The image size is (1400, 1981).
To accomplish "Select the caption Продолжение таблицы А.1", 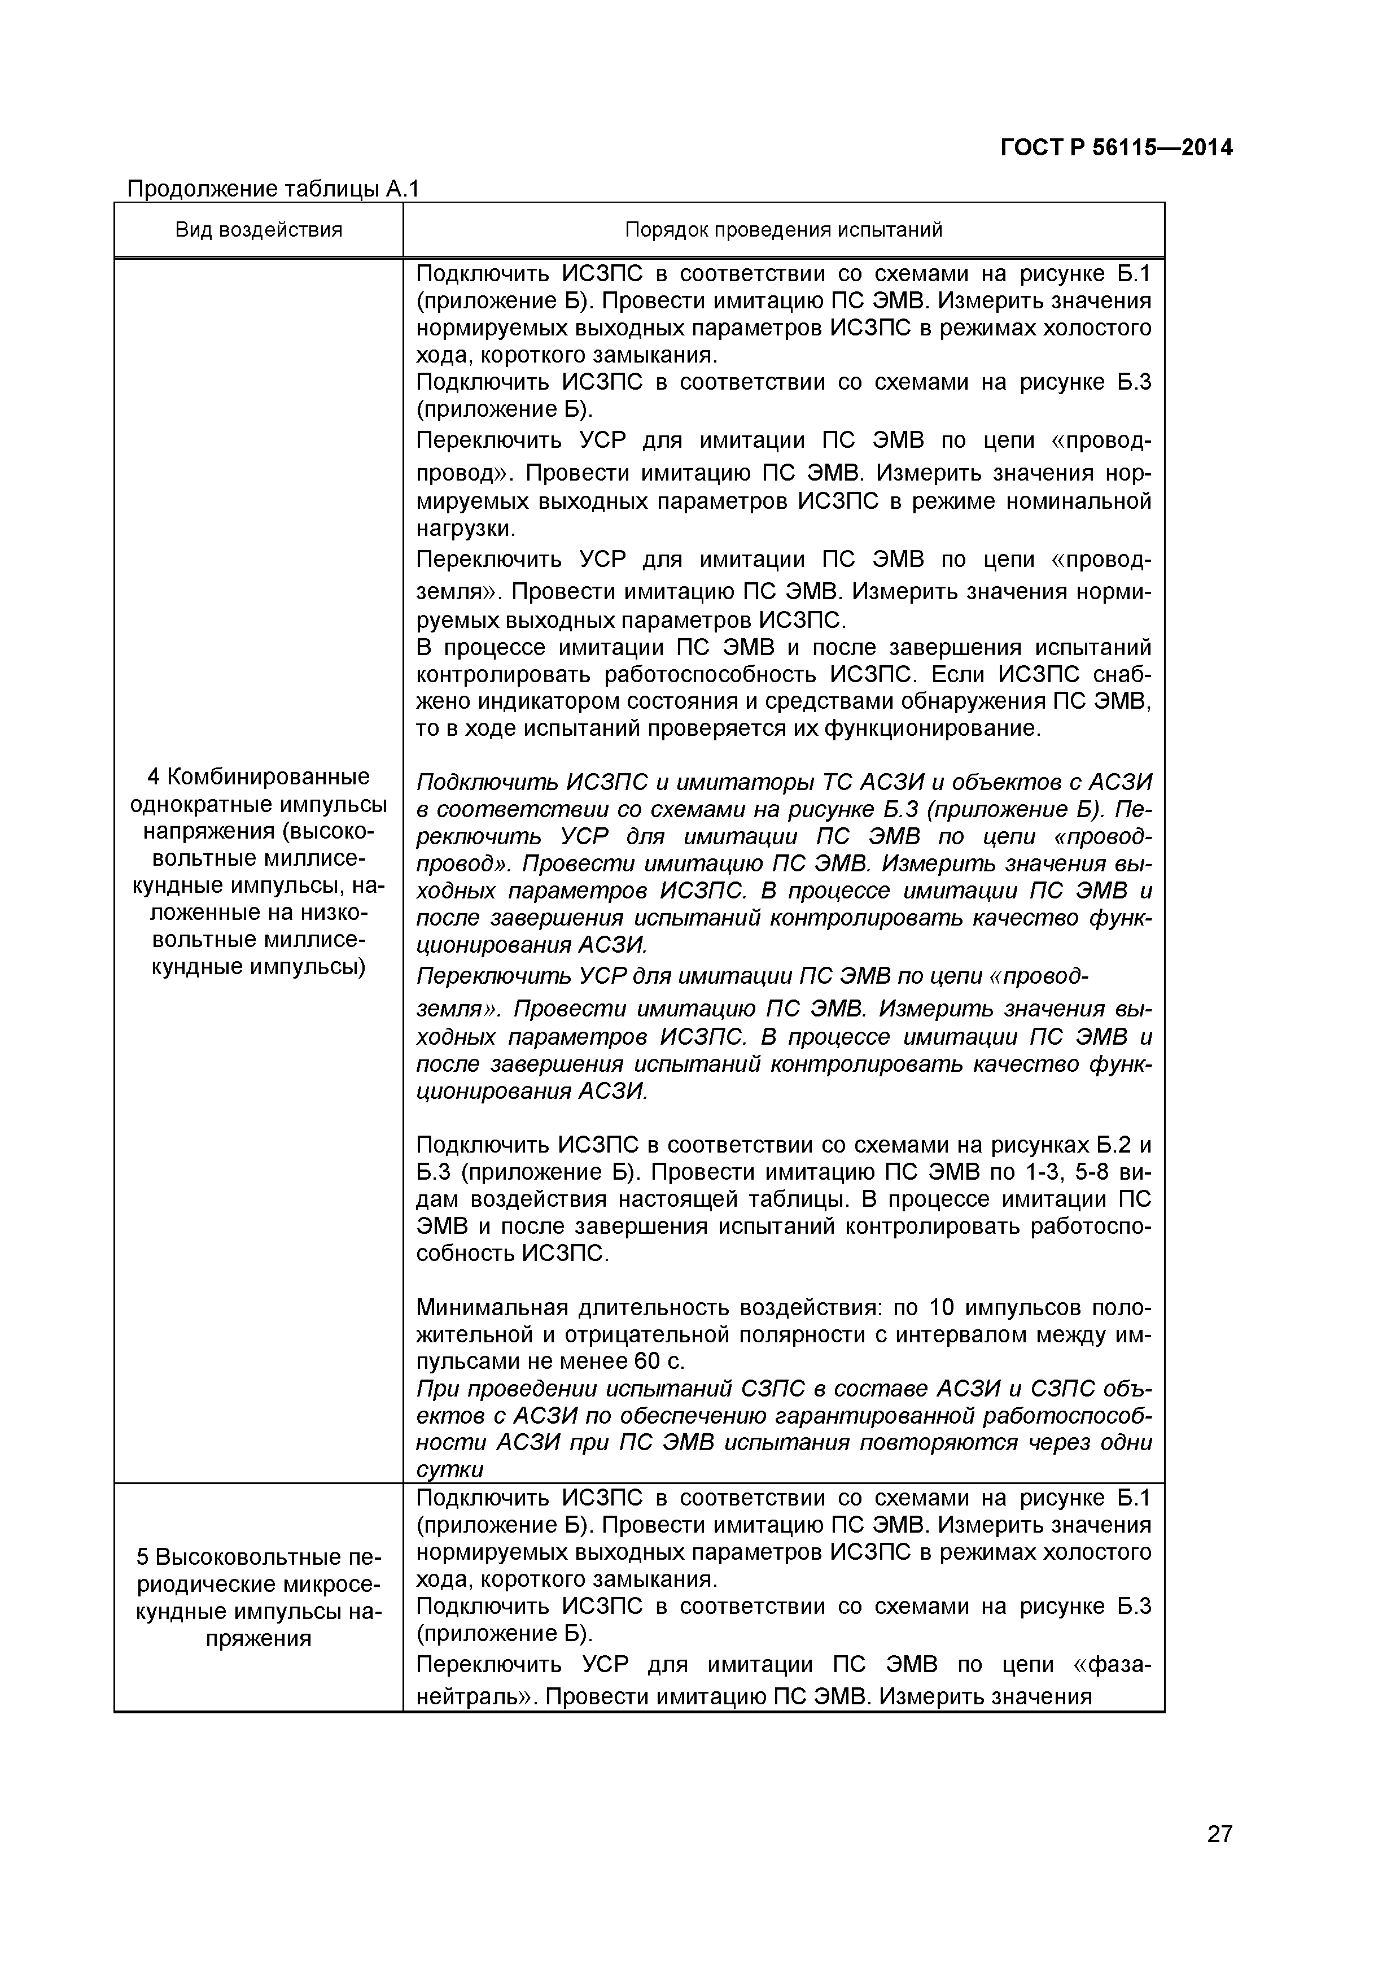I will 273,189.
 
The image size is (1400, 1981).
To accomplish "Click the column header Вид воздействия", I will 259,229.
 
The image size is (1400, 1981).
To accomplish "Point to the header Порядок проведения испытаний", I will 782,229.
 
